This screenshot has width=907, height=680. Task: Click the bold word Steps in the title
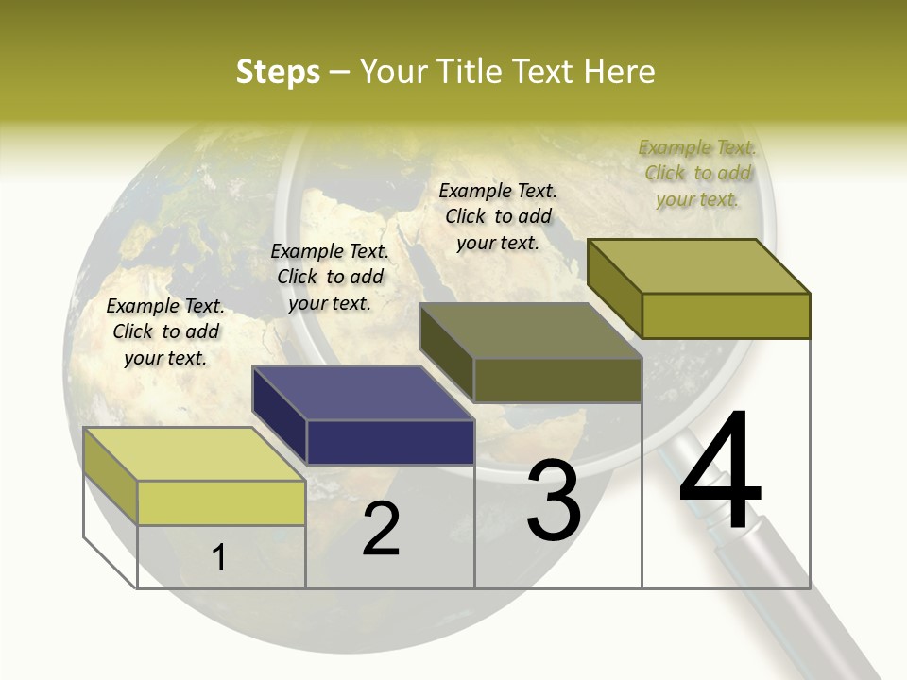click(x=278, y=72)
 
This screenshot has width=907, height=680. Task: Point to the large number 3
click(x=554, y=501)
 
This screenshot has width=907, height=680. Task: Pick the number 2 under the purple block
click(x=381, y=529)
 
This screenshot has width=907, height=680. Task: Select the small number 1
click(x=218, y=557)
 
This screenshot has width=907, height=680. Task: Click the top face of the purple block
click(x=362, y=393)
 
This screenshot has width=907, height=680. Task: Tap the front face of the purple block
click(x=390, y=442)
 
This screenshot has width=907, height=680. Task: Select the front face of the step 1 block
click(x=221, y=502)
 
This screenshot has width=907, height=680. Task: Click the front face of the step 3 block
click(x=557, y=381)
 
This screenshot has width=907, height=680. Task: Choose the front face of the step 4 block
click(x=726, y=315)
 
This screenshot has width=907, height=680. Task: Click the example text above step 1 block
click(x=165, y=331)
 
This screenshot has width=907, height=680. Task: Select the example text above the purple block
click(x=330, y=277)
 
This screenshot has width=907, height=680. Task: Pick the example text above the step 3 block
click(x=498, y=216)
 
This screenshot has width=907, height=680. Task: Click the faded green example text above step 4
click(x=697, y=173)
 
